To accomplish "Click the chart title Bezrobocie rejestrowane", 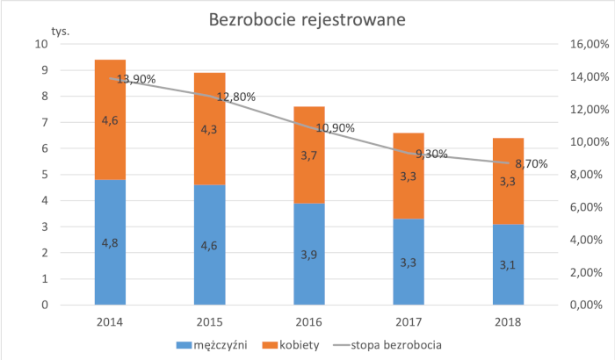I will click(x=307, y=19).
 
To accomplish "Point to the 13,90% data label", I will click(x=136, y=79).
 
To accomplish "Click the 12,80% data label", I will click(x=235, y=97).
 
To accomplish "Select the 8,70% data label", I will click(x=530, y=163).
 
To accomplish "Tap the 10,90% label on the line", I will click(x=334, y=128).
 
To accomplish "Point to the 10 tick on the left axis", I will click(x=40, y=44).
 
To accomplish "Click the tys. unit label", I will click(x=60, y=31).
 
